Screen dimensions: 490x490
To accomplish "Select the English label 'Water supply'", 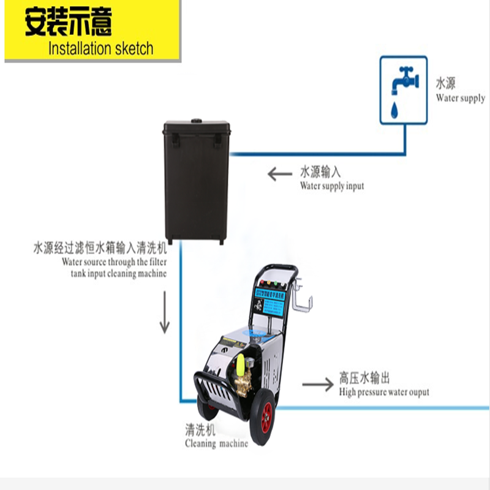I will click(x=460, y=98).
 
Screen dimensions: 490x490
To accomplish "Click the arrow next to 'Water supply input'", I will click(x=279, y=175).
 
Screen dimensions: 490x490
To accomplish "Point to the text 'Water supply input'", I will click(x=331, y=186).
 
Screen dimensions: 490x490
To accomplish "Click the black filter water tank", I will click(x=196, y=181).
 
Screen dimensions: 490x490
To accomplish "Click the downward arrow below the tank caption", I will click(x=164, y=312).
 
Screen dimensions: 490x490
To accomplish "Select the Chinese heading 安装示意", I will click(x=69, y=23).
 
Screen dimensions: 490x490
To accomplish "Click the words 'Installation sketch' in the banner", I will click(x=100, y=48).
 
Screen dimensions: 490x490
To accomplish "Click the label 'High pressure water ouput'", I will click(x=384, y=392).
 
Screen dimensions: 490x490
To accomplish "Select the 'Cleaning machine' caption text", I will click(x=216, y=443).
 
